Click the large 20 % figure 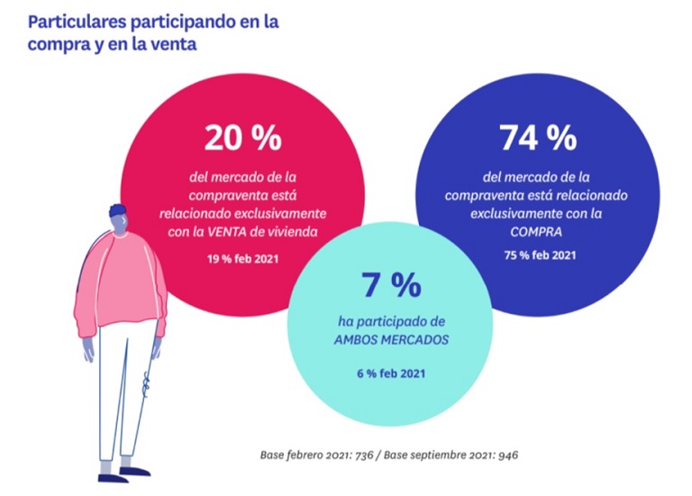pyautogui.click(x=243, y=138)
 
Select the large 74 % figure pyautogui.click(x=537, y=138)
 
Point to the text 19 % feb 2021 pyautogui.click(x=242, y=260)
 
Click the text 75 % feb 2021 pyautogui.click(x=540, y=255)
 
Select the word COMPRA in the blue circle pyautogui.click(x=539, y=232)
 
